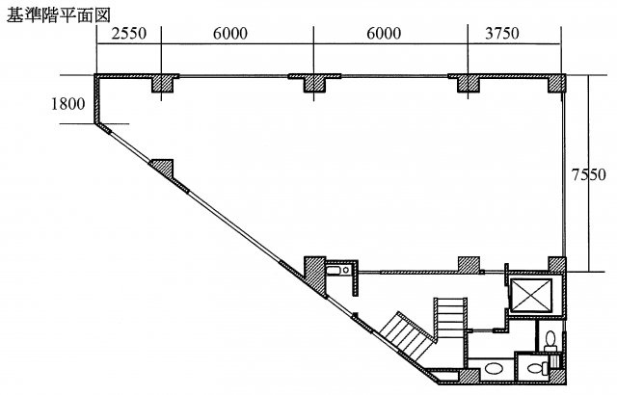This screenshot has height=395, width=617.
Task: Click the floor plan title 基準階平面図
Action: click(x=58, y=15)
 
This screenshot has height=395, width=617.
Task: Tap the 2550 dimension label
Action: click(x=129, y=34)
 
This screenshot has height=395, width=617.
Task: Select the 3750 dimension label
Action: click(x=502, y=34)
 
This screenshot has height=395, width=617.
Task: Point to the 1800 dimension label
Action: click(x=67, y=104)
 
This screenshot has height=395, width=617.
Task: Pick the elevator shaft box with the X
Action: click(x=530, y=295)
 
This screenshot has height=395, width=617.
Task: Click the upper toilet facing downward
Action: click(x=550, y=341)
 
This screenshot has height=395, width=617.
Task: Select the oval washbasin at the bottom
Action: click(x=493, y=369)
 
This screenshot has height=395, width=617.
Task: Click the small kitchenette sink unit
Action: click(x=338, y=271)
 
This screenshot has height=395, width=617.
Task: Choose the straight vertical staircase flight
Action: click(x=450, y=318)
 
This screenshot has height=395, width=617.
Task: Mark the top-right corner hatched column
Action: click(x=557, y=83)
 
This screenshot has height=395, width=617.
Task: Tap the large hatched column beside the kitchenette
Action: click(x=315, y=276)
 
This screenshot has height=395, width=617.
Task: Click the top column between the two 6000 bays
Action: click(x=314, y=83)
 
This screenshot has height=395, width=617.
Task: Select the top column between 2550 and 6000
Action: click(x=163, y=83)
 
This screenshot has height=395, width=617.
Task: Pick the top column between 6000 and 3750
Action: click(x=469, y=83)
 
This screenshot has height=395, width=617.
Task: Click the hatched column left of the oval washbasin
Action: click(x=469, y=376)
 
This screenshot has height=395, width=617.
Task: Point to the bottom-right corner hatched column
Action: click(x=558, y=377)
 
